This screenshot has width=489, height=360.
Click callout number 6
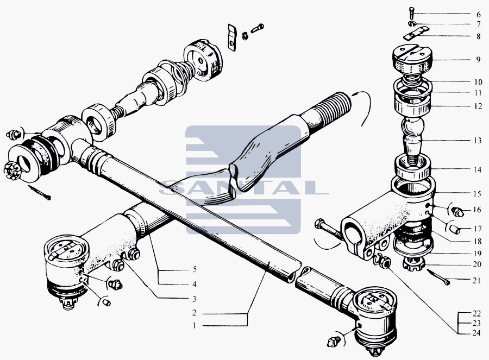(478, 14)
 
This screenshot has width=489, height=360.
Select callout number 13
(478, 141)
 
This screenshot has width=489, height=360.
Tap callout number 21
(476, 281)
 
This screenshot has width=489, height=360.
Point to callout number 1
(195, 326)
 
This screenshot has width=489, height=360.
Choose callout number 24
(476, 333)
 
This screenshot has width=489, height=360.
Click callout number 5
(195, 269)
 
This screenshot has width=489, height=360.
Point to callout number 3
(195, 299)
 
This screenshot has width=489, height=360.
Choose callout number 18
(478, 241)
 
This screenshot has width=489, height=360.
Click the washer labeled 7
(412, 24)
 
